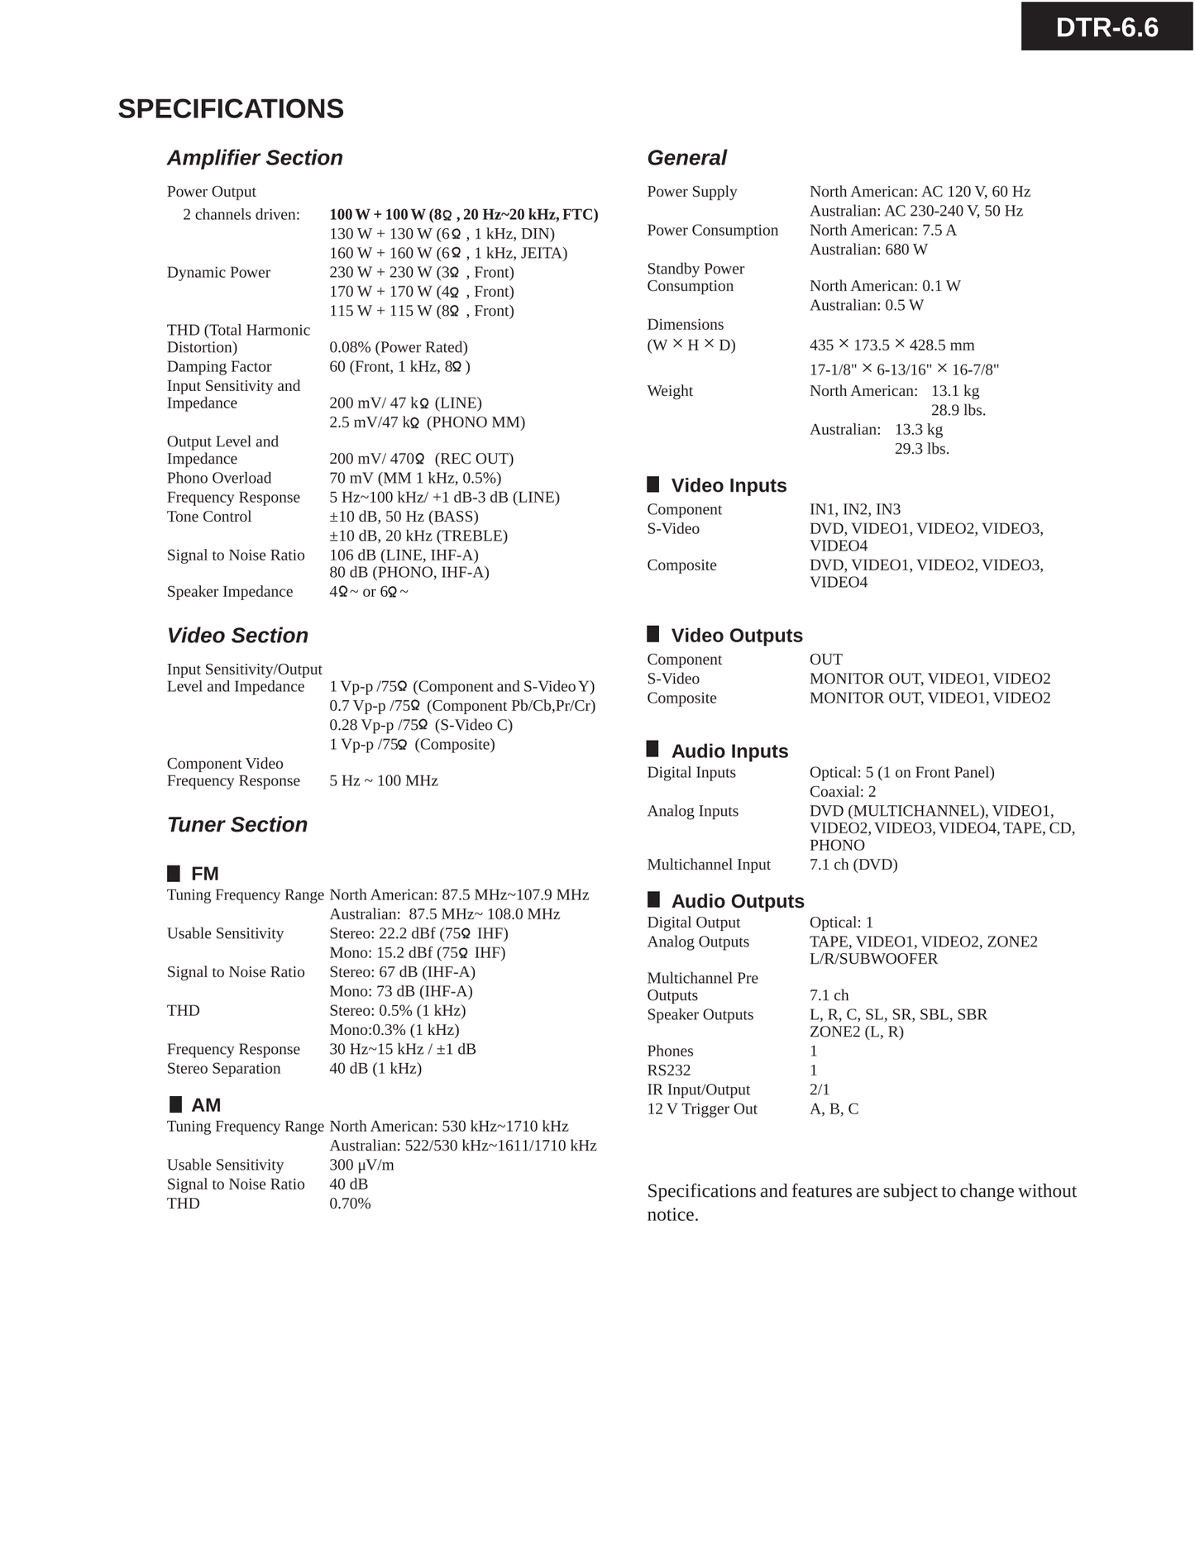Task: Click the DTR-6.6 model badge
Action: (1107, 27)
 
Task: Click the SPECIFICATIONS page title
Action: (231, 109)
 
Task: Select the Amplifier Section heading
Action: (255, 158)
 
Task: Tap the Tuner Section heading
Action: (237, 824)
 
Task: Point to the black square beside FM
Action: (174, 874)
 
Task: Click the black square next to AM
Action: (175, 1104)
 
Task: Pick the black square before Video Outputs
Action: (653, 635)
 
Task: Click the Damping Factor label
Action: (219, 366)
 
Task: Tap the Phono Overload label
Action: (219, 478)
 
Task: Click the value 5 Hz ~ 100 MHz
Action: (384, 780)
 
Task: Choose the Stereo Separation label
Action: (223, 1068)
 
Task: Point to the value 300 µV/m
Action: (361, 1165)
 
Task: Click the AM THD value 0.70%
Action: (350, 1204)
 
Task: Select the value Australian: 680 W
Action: (868, 250)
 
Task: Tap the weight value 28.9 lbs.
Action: (958, 410)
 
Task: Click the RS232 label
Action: (668, 1071)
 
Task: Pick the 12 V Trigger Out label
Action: (702, 1109)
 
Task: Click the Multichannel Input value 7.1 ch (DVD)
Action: (853, 865)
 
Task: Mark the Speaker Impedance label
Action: (230, 592)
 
